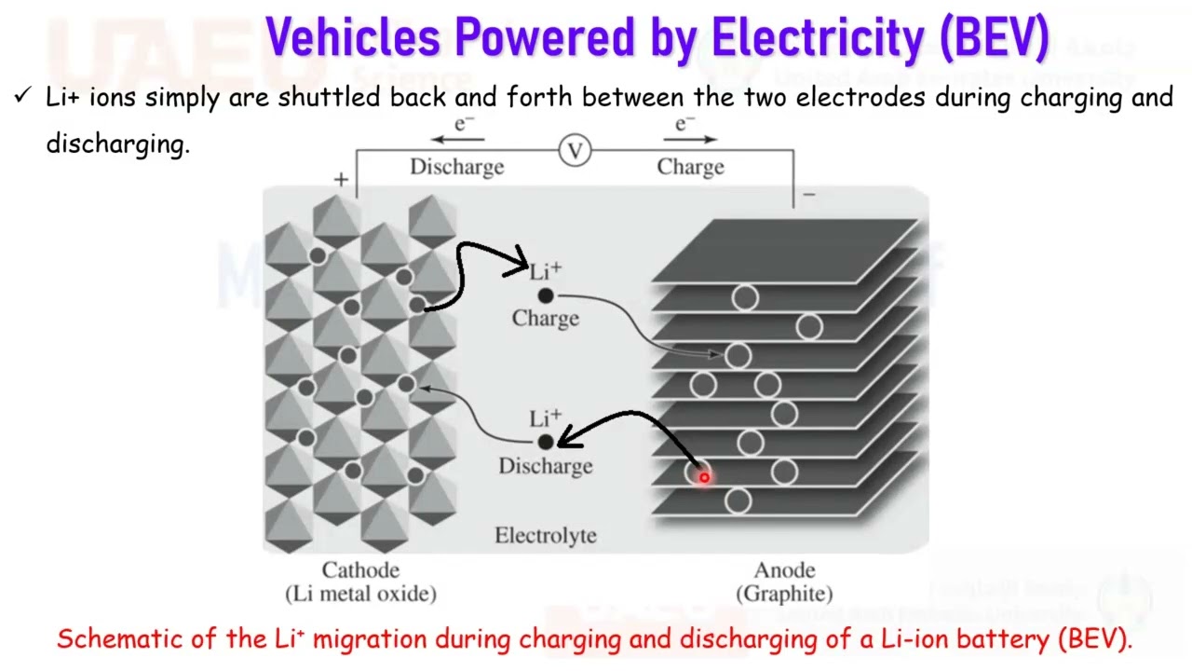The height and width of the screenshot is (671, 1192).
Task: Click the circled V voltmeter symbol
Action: pyautogui.click(x=576, y=150)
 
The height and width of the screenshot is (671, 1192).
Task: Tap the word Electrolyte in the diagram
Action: pyautogui.click(x=545, y=536)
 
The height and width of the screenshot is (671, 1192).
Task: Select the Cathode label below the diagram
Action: pyautogui.click(x=360, y=570)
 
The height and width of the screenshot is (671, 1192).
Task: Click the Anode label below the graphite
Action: pyautogui.click(x=785, y=570)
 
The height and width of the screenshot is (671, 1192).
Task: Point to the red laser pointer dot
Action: pyautogui.click(x=704, y=477)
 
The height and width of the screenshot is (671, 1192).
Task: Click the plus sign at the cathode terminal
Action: pyautogui.click(x=341, y=180)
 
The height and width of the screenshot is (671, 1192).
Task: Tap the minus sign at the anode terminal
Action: pyautogui.click(x=808, y=195)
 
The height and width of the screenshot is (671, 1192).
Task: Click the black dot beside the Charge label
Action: pyautogui.click(x=546, y=295)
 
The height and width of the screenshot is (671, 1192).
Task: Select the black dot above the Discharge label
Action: pyautogui.click(x=546, y=443)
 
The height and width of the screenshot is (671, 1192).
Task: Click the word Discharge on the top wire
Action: pyautogui.click(x=456, y=168)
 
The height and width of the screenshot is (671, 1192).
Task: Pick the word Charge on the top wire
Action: pyautogui.click(x=690, y=168)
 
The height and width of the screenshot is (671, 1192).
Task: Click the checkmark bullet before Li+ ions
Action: pyautogui.click(x=24, y=96)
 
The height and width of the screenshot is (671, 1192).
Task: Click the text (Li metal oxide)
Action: pyautogui.click(x=360, y=594)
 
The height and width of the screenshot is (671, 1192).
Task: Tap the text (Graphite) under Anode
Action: pyautogui.click(x=785, y=594)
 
